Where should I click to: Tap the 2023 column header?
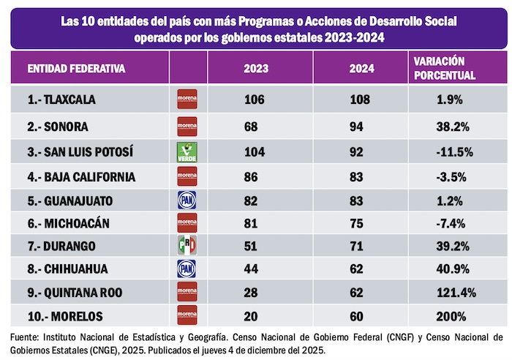click(x=255, y=70)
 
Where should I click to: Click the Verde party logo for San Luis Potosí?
click(x=188, y=153)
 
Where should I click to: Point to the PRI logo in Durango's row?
click(x=188, y=246)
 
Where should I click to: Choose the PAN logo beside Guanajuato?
click(x=188, y=200)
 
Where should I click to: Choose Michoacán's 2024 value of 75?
click(x=361, y=222)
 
